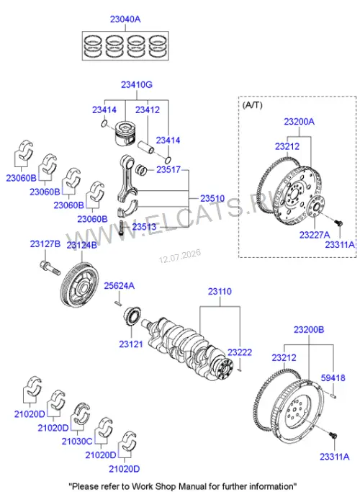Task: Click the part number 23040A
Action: (125, 19)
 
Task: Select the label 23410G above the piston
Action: (137, 85)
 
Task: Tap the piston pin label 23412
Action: (148, 109)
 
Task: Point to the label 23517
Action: (168, 169)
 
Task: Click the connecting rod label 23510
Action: (212, 198)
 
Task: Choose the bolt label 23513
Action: (144, 226)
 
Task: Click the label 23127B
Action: (45, 243)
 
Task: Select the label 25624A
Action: (120, 286)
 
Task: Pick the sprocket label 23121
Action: (131, 344)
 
